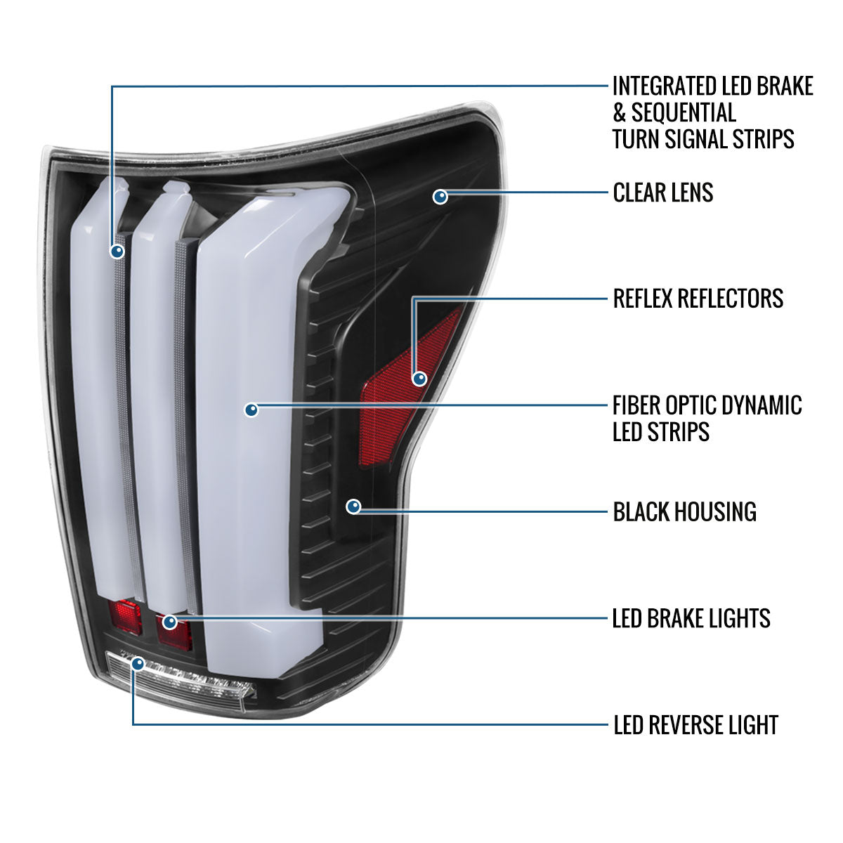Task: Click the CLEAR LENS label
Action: pyautogui.click(x=662, y=192)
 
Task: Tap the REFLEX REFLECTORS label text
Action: pyautogui.click(x=698, y=299)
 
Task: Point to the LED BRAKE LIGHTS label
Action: pyautogui.click(x=691, y=618)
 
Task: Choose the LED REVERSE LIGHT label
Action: pyautogui.click(x=695, y=724)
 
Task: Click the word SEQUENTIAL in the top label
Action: pyautogui.click(x=684, y=112)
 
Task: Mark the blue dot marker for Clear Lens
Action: pyautogui.click(x=440, y=196)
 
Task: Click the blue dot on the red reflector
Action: pyautogui.click(x=419, y=379)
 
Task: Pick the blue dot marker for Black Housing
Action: pyautogui.click(x=353, y=506)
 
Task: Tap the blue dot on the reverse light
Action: pyautogui.click(x=138, y=663)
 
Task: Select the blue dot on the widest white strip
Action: pyautogui.click(x=251, y=410)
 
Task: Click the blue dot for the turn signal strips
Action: pyautogui.click(x=117, y=250)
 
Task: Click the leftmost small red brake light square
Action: pyautogui.click(x=126, y=617)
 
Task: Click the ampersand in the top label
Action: pyautogui.click(x=619, y=112)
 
